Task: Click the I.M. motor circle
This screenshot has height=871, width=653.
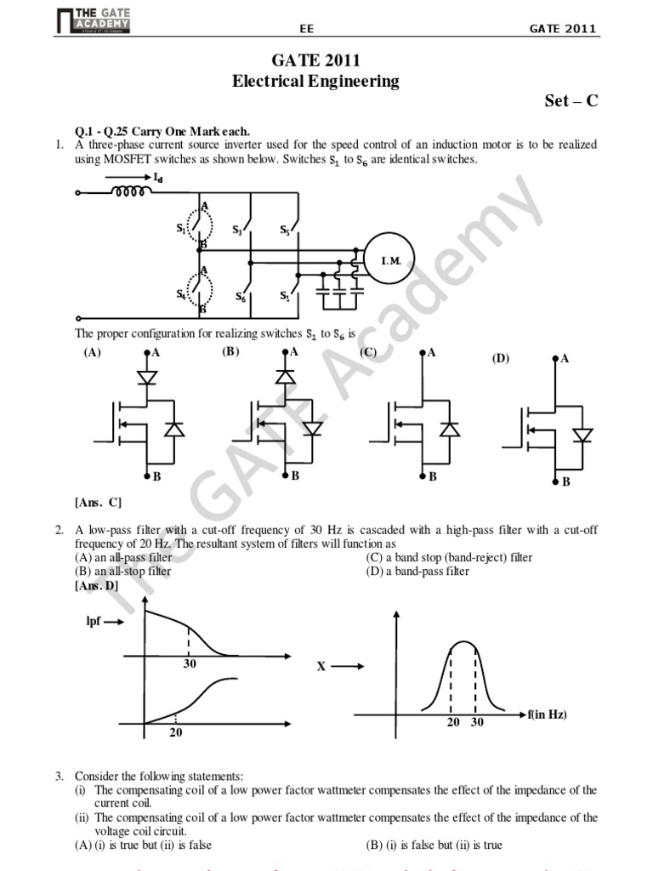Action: (389, 260)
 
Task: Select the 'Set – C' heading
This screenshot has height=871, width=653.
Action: (571, 100)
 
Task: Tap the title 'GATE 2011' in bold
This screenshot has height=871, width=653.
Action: (315, 61)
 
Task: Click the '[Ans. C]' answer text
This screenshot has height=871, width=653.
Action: (98, 503)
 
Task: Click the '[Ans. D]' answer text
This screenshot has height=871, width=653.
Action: (97, 586)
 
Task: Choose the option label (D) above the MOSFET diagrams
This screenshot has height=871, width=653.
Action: (500, 358)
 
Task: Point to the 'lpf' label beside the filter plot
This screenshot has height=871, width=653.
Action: (94, 622)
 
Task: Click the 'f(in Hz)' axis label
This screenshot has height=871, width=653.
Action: (547, 714)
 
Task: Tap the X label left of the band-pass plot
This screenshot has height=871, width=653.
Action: (321, 668)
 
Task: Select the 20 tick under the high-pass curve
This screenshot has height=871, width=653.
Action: (175, 732)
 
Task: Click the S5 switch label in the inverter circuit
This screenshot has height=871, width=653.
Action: (286, 230)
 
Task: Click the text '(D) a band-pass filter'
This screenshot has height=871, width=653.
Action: (417, 572)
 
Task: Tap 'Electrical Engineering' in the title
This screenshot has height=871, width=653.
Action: (315, 82)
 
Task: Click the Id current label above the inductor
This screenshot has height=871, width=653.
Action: (158, 178)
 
